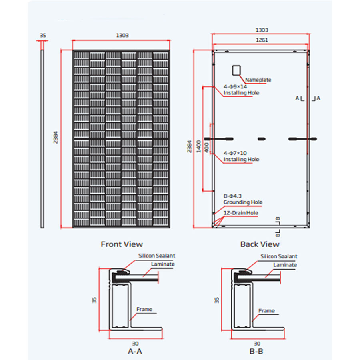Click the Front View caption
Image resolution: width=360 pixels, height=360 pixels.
[x=122, y=244]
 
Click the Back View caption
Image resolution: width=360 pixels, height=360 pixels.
[x=260, y=244]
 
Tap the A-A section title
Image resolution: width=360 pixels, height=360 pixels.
[x=134, y=352]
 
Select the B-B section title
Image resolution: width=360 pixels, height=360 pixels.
[x=256, y=352]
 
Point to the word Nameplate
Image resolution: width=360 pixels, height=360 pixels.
[x=258, y=80]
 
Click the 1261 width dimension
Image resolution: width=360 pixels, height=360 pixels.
[x=260, y=40]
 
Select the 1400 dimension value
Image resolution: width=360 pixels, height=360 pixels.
[x=198, y=146]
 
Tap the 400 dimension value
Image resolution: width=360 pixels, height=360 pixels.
[x=206, y=146]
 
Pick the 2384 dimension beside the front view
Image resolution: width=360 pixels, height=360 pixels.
[x=56, y=138]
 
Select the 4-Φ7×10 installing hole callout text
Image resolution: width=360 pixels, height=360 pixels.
[x=241, y=156]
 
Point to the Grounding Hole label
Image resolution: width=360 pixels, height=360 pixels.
[x=243, y=202]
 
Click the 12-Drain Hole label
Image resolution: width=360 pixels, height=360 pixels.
[x=241, y=213]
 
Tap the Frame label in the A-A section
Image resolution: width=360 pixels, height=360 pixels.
[x=144, y=309]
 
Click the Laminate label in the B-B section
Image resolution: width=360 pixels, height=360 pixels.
[x=285, y=265]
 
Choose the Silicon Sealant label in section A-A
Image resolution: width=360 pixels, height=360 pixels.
[x=157, y=256]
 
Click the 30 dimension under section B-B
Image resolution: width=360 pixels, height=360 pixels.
[x=257, y=343]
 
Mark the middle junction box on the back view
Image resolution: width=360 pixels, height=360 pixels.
[x=261, y=139]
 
